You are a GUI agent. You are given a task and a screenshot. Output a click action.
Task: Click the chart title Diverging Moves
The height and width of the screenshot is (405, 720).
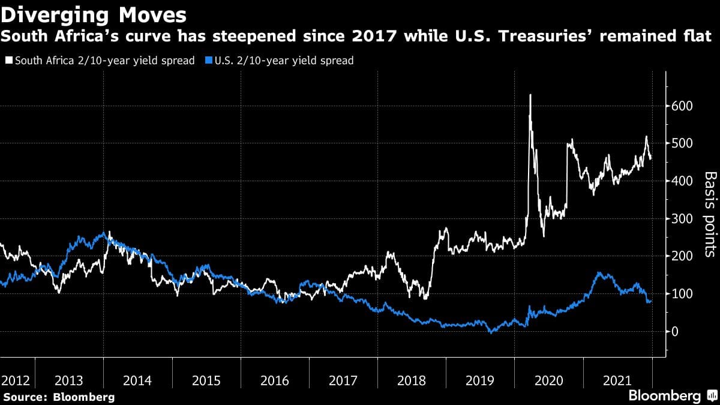pyautogui.click(x=93, y=14)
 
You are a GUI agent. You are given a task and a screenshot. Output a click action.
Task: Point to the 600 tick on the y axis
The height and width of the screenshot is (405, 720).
pyautogui.click(x=682, y=106)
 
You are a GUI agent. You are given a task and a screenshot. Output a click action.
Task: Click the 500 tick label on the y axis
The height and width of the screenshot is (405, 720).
pyautogui.click(x=682, y=143)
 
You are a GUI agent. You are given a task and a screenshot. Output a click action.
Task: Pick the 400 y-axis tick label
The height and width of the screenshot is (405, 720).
pyautogui.click(x=682, y=181)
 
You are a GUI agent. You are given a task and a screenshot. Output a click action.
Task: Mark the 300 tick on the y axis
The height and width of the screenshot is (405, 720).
pyautogui.click(x=682, y=218)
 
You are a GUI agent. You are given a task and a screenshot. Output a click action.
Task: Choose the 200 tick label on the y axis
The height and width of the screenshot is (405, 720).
pyautogui.click(x=682, y=256)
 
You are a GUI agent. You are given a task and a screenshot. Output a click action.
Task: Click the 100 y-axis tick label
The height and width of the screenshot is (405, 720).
pyautogui.click(x=682, y=294)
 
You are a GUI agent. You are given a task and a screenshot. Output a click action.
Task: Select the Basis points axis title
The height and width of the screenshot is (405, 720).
pyautogui.click(x=710, y=214)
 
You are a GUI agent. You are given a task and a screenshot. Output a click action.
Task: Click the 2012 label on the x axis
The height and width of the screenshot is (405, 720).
pyautogui.click(x=14, y=380)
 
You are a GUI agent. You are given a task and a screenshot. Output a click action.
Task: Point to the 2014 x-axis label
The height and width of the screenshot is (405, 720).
pyautogui.click(x=138, y=380)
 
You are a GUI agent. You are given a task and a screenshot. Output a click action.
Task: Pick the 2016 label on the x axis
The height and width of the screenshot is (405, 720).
pyautogui.click(x=275, y=380)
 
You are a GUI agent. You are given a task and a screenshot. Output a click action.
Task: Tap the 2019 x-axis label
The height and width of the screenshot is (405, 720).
pyautogui.click(x=480, y=380)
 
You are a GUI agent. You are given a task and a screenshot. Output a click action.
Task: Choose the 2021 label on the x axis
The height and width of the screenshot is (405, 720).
pyautogui.click(x=617, y=380)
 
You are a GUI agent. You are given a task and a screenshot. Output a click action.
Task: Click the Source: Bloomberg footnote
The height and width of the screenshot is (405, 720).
pyautogui.click(x=59, y=397)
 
